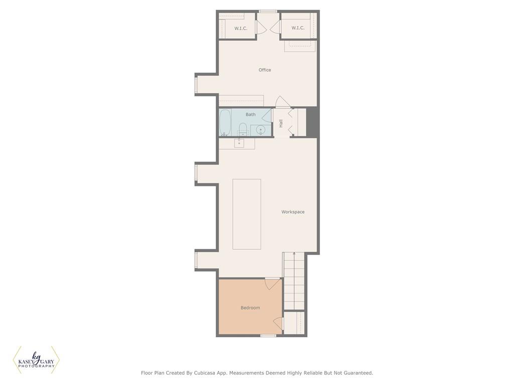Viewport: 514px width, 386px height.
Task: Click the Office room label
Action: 265,70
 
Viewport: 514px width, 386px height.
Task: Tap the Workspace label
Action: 293,212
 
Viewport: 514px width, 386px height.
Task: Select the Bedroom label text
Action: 250,308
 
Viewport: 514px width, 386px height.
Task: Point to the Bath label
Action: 250,115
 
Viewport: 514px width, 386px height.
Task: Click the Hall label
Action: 281,124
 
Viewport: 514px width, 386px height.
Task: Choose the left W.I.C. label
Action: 240,29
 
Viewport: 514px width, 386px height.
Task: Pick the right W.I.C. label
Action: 298,28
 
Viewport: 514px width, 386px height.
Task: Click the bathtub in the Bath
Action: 225,123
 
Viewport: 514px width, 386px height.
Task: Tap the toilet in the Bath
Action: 243,129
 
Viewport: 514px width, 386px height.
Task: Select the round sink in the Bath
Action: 261,130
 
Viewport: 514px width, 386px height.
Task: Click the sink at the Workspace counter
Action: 239,143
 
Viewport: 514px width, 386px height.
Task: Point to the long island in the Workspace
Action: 247,214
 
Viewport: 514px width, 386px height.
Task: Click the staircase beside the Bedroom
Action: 294,281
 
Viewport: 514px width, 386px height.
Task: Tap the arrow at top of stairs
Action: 294,253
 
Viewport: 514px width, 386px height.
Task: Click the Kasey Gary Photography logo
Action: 36,360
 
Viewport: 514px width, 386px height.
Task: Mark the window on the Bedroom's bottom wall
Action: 268,335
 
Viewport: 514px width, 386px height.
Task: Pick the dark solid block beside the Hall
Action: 312,122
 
